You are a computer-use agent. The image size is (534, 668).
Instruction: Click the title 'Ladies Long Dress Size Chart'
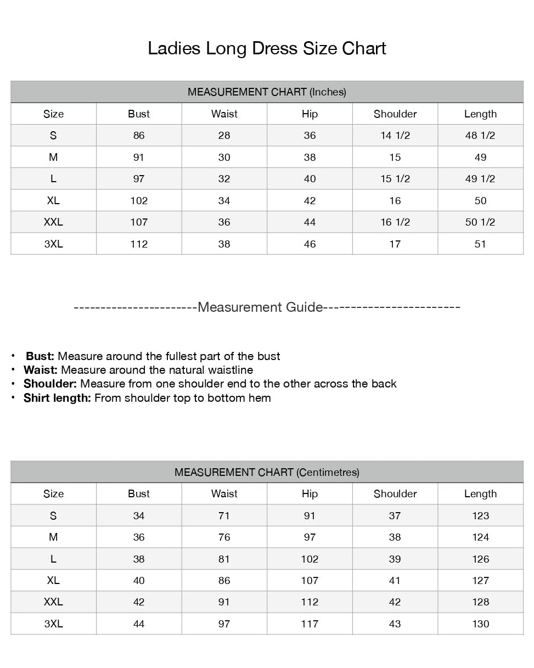pyautogui.click(x=267, y=48)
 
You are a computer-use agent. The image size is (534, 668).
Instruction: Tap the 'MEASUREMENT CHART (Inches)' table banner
pyautogui.click(x=267, y=92)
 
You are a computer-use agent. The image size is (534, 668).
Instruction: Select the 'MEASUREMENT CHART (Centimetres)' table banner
pyautogui.click(x=267, y=472)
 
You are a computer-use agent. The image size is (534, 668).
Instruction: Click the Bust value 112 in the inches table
pyautogui.click(x=139, y=244)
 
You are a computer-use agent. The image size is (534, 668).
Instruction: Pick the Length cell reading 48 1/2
pyautogui.click(x=480, y=136)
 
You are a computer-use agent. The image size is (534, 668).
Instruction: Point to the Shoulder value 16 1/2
pyautogui.click(x=395, y=222)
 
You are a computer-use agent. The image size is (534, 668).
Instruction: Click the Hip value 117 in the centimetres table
pyautogui.click(x=310, y=624)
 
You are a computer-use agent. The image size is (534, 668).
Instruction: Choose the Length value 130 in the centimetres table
pyautogui.click(x=480, y=624)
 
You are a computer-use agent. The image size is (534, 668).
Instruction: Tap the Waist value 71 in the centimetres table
pyautogui.click(x=224, y=516)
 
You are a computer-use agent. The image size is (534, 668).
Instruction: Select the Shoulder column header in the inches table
pyautogui.click(x=395, y=114)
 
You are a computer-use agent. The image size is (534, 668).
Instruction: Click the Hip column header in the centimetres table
pyautogui.click(x=310, y=494)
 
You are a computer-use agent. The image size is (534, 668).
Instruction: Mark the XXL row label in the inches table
pyautogui.click(x=53, y=222)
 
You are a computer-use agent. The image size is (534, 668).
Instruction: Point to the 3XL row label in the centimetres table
pyautogui.click(x=53, y=624)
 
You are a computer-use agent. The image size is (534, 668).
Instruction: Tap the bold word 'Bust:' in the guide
pyautogui.click(x=40, y=356)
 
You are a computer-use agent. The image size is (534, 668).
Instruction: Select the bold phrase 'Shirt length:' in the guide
pyautogui.click(x=57, y=398)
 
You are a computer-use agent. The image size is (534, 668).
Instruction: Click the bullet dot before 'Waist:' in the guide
pyautogui.click(x=13, y=370)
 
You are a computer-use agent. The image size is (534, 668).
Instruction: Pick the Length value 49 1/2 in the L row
pyautogui.click(x=480, y=179)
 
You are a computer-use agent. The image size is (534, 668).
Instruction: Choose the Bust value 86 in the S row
pyautogui.click(x=139, y=136)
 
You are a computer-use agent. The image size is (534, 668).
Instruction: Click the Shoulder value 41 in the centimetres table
pyautogui.click(x=395, y=581)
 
